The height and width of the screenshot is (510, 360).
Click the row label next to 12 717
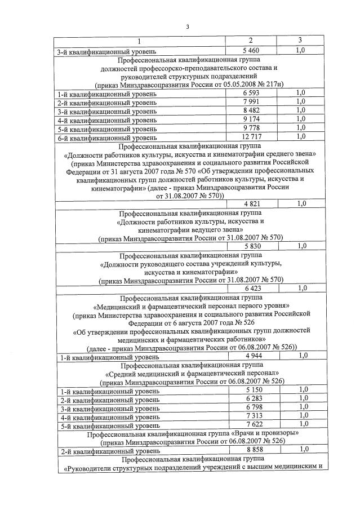107,138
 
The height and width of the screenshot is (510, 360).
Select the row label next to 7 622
107,425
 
